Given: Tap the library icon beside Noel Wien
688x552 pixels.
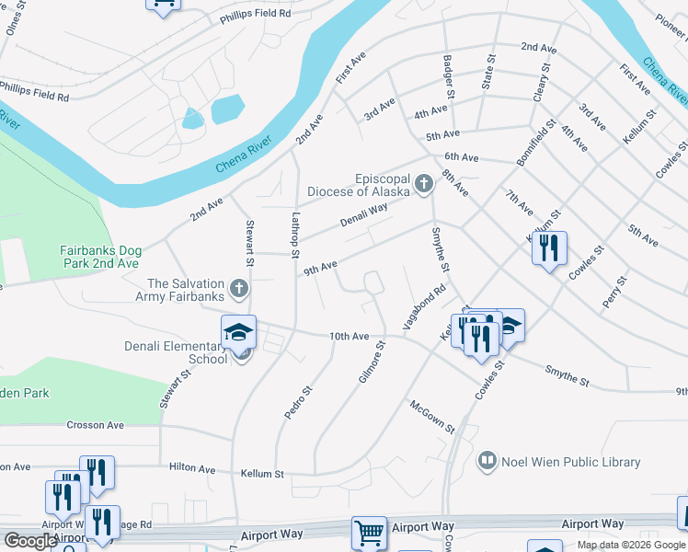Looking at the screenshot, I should tap(487, 460).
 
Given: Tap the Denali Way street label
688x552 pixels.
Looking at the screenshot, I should tap(364, 214).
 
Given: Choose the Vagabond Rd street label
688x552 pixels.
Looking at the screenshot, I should tap(424, 307).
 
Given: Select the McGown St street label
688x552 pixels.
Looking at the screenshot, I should tap(432, 416).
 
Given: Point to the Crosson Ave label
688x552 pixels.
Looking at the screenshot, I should tap(95, 425).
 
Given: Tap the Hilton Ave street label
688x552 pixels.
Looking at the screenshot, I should tap(191, 468).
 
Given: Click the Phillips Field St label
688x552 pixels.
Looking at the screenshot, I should tap(255, 14).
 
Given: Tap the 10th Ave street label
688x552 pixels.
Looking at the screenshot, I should tap(350, 337).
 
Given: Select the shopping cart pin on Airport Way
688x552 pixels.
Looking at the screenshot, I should tap(369, 532).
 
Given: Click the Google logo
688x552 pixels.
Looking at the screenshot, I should tap(30, 541).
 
